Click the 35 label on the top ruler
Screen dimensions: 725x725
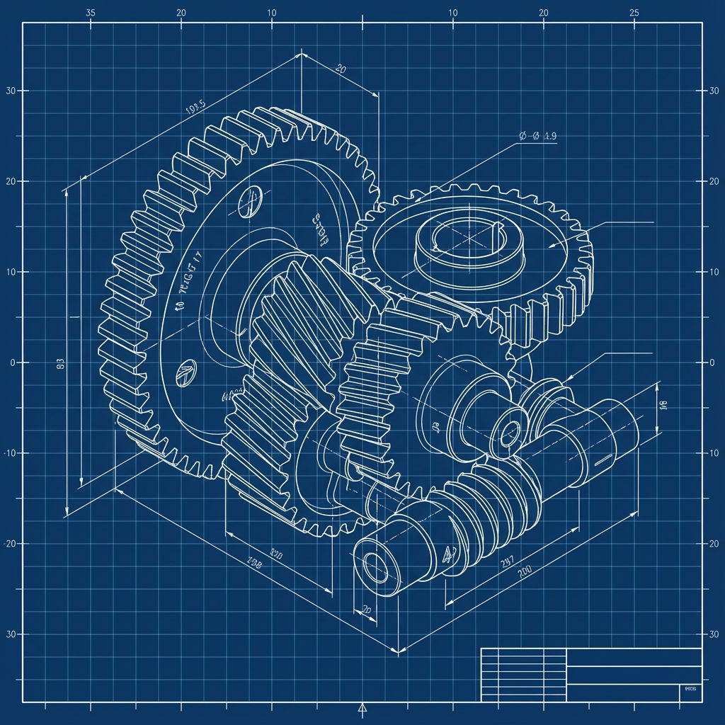(90, 13)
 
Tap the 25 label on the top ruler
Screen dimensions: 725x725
(634, 13)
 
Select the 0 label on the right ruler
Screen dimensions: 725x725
(712, 362)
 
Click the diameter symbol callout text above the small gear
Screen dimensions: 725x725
(538, 137)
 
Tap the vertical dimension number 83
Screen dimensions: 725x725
(59, 365)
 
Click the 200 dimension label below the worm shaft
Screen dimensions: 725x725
(525, 571)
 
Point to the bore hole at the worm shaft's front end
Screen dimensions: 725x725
(373, 565)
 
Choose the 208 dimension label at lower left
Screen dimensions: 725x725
(253, 564)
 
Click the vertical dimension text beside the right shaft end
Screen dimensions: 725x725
(663, 405)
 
